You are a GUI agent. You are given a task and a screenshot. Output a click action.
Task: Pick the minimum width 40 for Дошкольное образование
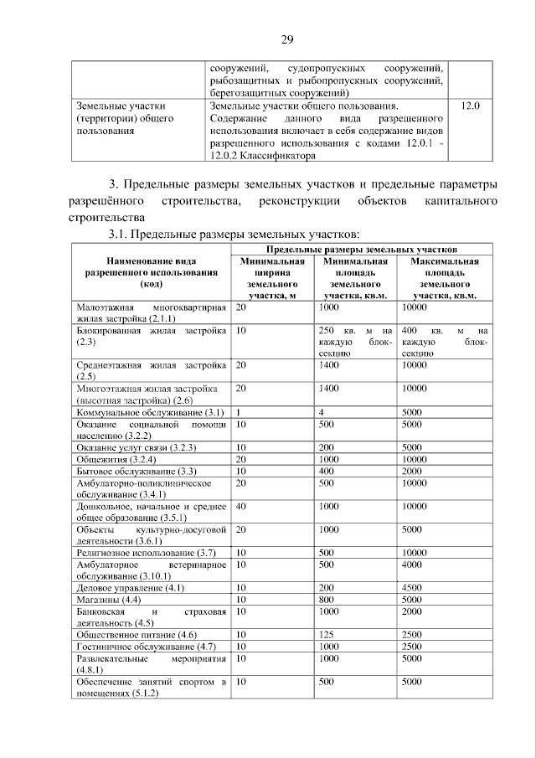(241, 506)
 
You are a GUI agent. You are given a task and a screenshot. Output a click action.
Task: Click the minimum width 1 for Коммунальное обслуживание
(239, 413)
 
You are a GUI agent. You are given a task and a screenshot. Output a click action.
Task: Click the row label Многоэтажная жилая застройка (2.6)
(147, 394)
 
